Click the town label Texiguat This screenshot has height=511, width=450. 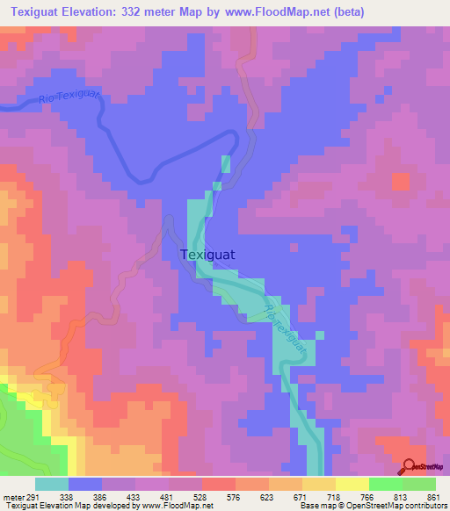(x=213, y=255)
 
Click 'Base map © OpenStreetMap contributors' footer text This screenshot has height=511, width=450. (x=370, y=506)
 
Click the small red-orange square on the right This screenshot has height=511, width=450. (x=400, y=182)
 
